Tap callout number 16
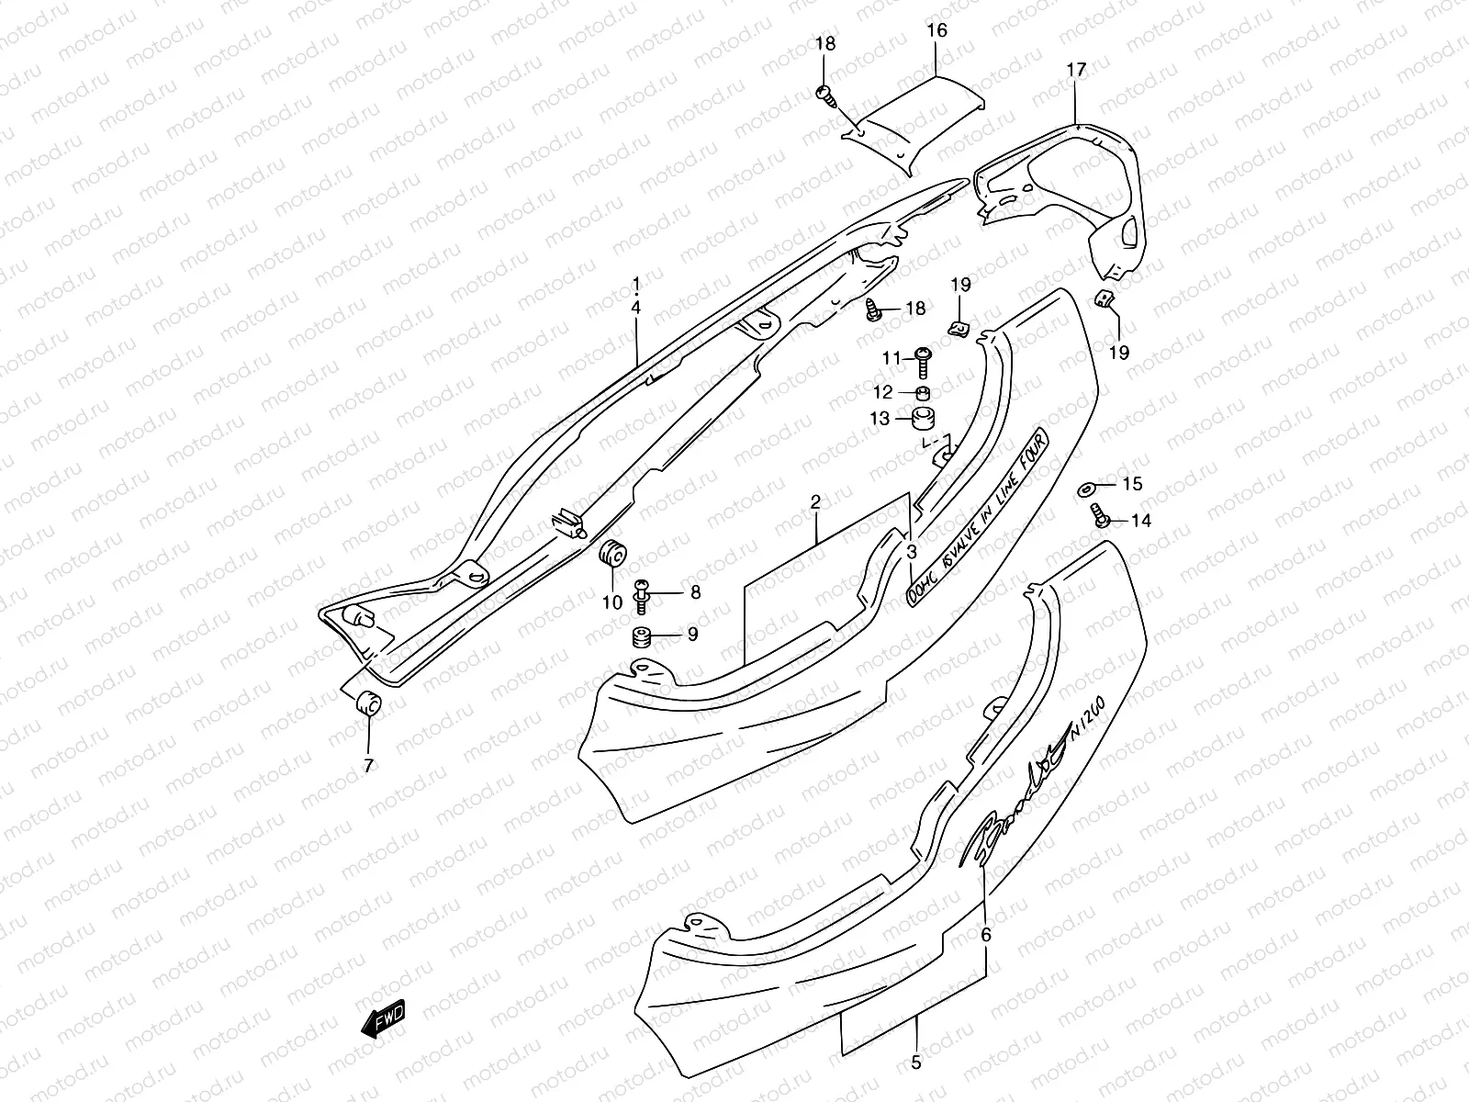tap(936, 31)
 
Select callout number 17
tap(1076, 70)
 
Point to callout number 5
tap(915, 1063)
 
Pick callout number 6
tap(986, 935)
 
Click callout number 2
tap(814, 501)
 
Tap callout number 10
tap(612, 602)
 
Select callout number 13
tap(880, 419)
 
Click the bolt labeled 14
tap(1098, 515)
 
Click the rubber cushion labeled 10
tap(612, 556)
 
